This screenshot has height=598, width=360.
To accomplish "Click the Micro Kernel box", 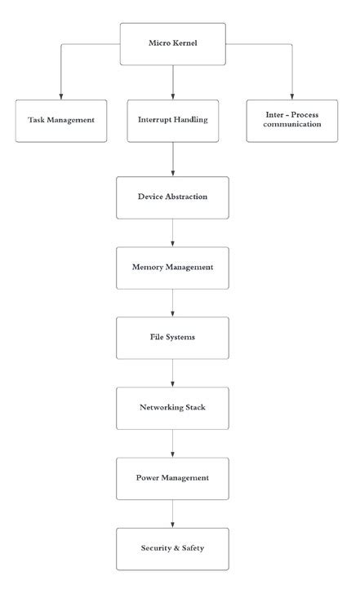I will click(x=172, y=44).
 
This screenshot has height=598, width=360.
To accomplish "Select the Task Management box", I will click(x=60, y=120).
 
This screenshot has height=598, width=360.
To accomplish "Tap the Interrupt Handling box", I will click(x=172, y=120).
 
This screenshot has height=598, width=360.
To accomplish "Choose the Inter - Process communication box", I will click(x=292, y=120).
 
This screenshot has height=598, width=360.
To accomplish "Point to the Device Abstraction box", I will click(x=172, y=197).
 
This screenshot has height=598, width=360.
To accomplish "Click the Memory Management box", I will click(x=172, y=268).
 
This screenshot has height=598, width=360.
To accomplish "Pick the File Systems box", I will click(x=172, y=337).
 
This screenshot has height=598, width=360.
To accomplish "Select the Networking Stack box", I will click(x=172, y=408).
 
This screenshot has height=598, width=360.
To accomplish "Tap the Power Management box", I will click(x=172, y=478).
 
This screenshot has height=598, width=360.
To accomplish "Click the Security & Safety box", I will click(x=172, y=548).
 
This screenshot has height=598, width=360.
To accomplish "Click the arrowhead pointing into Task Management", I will click(x=60, y=95).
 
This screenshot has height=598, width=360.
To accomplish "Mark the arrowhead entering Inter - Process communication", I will click(x=292, y=95).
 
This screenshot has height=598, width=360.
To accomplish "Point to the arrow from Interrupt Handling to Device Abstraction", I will click(x=172, y=159).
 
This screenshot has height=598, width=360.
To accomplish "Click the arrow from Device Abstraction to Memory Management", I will click(x=172, y=233).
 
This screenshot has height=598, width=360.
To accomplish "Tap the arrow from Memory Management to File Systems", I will click(x=172, y=303).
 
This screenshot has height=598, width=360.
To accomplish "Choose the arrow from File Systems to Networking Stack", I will click(x=172, y=373).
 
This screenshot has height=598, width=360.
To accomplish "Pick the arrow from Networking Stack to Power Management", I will click(x=172, y=443).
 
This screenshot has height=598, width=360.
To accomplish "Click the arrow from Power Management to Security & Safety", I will click(x=172, y=513).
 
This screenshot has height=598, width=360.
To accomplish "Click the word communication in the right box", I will click(x=292, y=125).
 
